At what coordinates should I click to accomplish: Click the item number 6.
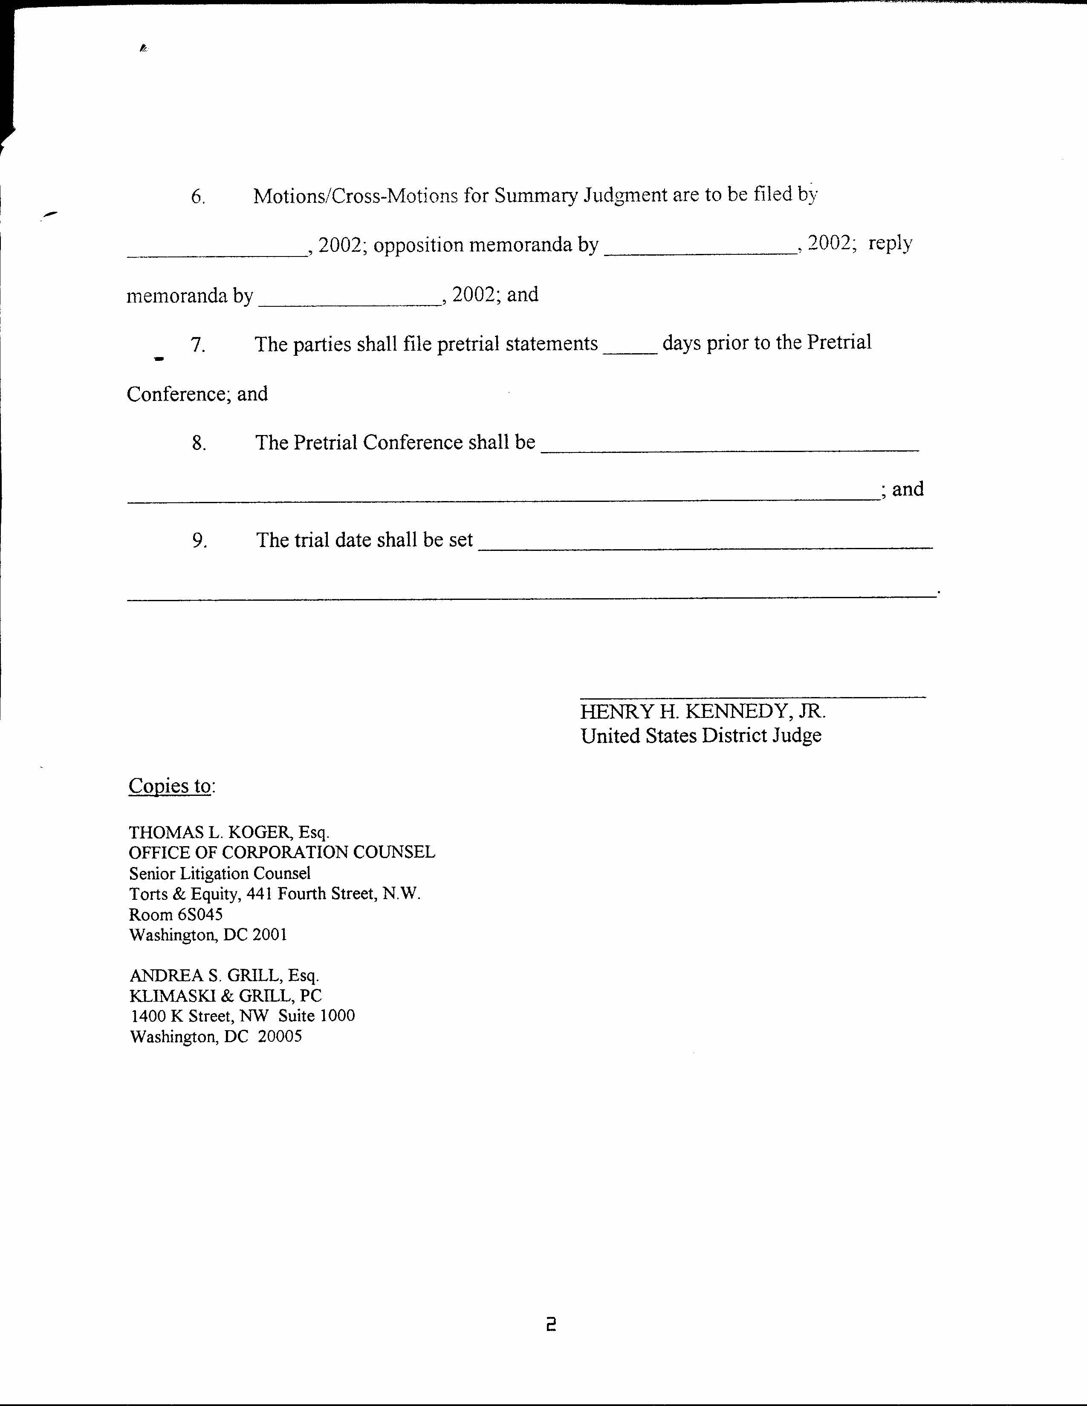[198, 197]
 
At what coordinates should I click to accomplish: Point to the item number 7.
[198, 345]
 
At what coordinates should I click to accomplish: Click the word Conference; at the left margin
[178, 394]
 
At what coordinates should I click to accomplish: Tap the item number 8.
[198, 443]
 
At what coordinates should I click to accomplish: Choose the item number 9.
[199, 541]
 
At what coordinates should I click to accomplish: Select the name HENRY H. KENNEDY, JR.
[703, 712]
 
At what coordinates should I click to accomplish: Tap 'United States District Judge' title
[701, 736]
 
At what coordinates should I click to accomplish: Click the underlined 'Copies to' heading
[170, 786]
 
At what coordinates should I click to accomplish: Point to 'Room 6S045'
[176, 914]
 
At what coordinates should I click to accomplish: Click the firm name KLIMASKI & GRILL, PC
[225, 996]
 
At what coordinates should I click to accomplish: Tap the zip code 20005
[280, 1037]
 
